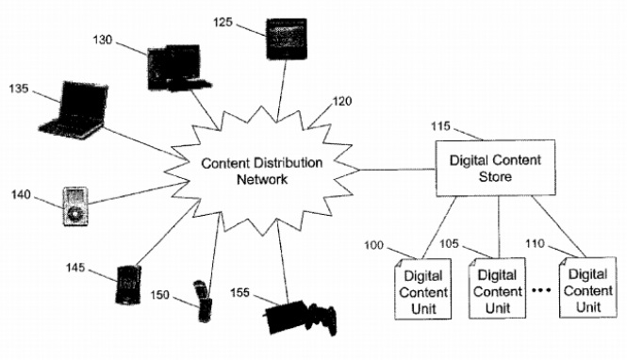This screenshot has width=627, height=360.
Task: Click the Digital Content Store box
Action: pyautogui.click(x=495, y=168)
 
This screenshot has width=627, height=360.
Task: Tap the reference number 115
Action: pyautogui.click(x=440, y=126)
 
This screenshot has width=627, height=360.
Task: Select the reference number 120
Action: pyautogui.click(x=342, y=101)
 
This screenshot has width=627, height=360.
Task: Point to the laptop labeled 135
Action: pyautogui.click(x=74, y=110)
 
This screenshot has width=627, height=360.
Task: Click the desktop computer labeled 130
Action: pyautogui.click(x=177, y=68)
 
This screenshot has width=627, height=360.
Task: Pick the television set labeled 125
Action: pyautogui.click(x=288, y=39)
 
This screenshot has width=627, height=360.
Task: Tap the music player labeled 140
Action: pyautogui.click(x=75, y=206)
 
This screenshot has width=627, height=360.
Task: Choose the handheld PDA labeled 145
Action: pyautogui.click(x=128, y=285)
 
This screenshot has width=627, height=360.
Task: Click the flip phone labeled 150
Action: pyautogui.click(x=204, y=302)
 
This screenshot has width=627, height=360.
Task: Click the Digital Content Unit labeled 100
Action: pyautogui.click(x=423, y=289)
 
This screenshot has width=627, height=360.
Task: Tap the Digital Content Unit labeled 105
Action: pyautogui.click(x=497, y=288)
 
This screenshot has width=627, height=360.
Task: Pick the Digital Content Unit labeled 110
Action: pyautogui.click(x=587, y=287)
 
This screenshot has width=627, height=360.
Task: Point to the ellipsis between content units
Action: pyautogui.click(x=542, y=290)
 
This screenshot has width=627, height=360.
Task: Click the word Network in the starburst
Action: pyautogui.click(x=262, y=179)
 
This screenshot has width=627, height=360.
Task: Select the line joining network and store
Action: pyautogui.click(x=397, y=170)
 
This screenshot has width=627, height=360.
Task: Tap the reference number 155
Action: pyautogui.click(x=239, y=293)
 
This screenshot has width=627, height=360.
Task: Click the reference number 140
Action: pyautogui.click(x=21, y=194)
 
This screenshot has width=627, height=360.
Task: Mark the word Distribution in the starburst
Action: pyautogui.click(x=288, y=163)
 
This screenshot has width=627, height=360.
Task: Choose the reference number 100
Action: pyautogui.click(x=373, y=245)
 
